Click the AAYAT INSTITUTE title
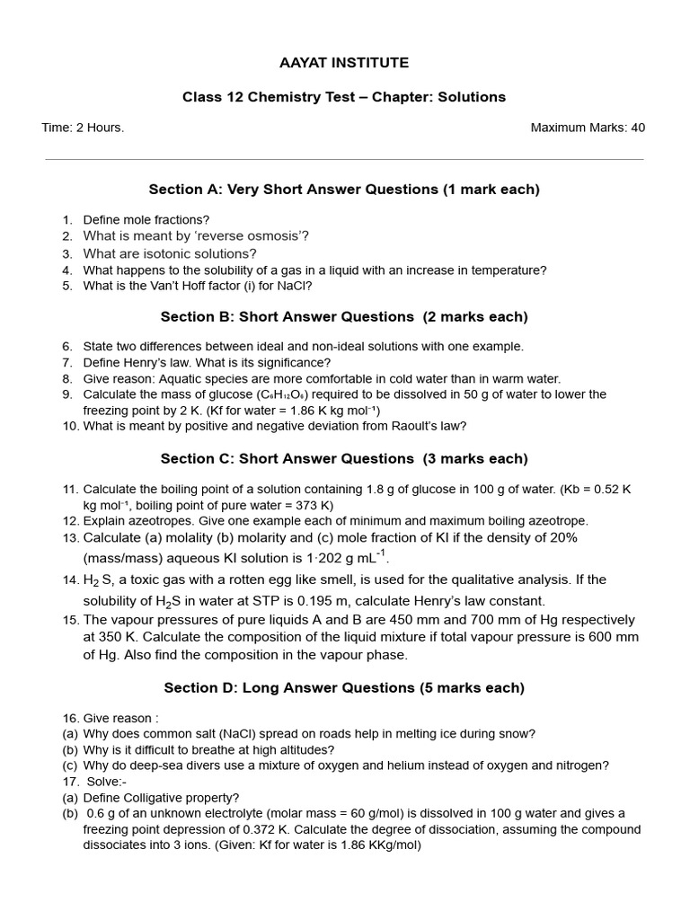[x=344, y=63]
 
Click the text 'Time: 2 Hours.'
[x=83, y=128]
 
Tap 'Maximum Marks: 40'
[x=588, y=128]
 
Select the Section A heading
[x=344, y=190]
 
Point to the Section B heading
[x=344, y=317]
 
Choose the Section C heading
[x=344, y=459]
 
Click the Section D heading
[x=344, y=688]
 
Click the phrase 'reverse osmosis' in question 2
[x=254, y=236]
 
